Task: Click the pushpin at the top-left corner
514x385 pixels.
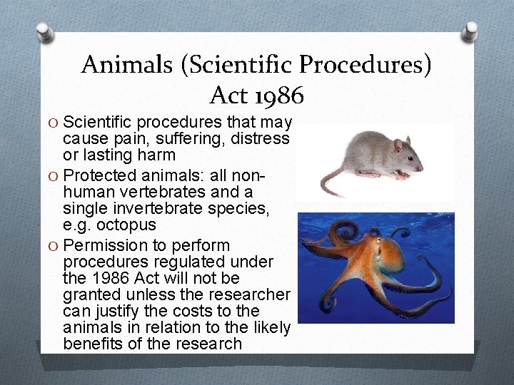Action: point(44,32)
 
